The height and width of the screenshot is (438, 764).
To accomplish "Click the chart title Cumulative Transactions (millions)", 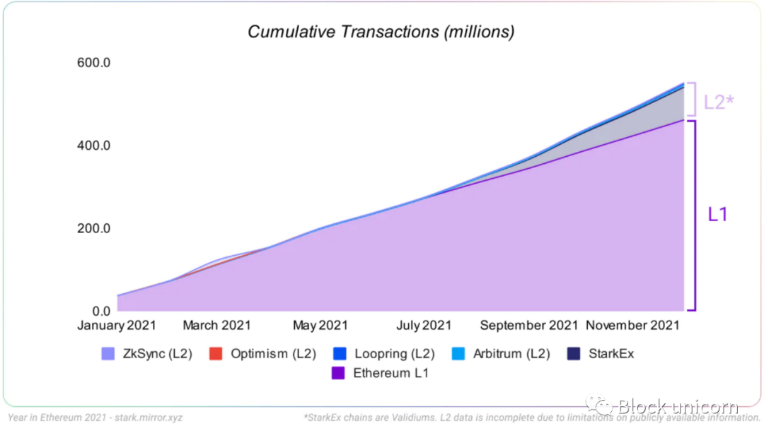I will [381, 32].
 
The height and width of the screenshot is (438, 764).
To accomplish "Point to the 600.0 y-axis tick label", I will [93, 63].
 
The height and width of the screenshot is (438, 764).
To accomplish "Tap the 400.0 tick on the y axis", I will [93, 146].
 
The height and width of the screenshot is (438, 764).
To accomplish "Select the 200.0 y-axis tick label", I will [93, 229].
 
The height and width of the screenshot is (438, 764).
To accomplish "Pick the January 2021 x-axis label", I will [116, 326].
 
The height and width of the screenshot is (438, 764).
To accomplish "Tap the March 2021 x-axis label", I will [216, 326].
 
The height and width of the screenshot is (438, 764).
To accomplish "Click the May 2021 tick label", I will [320, 326].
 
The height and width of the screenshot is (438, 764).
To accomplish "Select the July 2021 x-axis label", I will [423, 326].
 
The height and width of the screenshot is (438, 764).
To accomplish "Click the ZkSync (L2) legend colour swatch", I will [108, 354].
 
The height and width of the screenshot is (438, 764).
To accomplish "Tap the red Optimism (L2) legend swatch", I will [216, 354].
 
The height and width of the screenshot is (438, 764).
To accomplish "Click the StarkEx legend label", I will [611, 354].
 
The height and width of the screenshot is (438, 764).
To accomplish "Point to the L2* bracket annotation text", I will [718, 102].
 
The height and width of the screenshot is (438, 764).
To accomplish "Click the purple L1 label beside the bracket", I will [717, 215].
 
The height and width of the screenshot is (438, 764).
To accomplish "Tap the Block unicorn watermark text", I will [677, 406].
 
